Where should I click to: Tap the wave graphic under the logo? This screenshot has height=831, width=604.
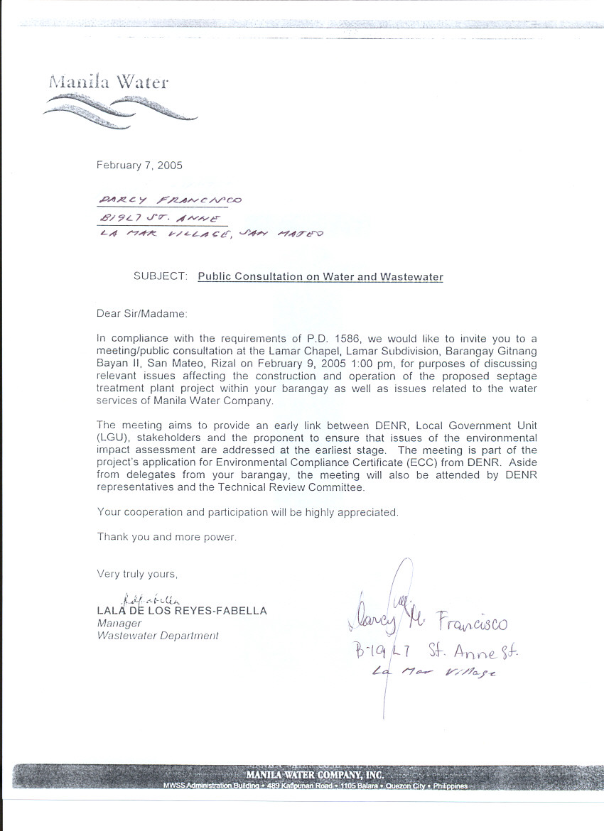pyautogui.click(x=119, y=110)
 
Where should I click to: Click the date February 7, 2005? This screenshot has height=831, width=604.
pyautogui.click(x=139, y=165)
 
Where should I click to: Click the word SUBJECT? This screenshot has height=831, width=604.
pyautogui.click(x=161, y=276)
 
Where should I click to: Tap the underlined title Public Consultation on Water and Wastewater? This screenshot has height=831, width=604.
pyautogui.click(x=320, y=277)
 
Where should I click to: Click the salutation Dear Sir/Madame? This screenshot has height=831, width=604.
pyautogui.click(x=142, y=313)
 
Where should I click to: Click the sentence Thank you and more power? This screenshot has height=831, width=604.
pyautogui.click(x=167, y=537)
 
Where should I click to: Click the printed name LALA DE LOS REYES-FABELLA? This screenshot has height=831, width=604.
pyautogui.click(x=182, y=610)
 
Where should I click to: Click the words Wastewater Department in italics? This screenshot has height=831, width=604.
pyautogui.click(x=158, y=636)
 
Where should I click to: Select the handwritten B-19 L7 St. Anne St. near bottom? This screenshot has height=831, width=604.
pyautogui.click(x=438, y=649)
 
